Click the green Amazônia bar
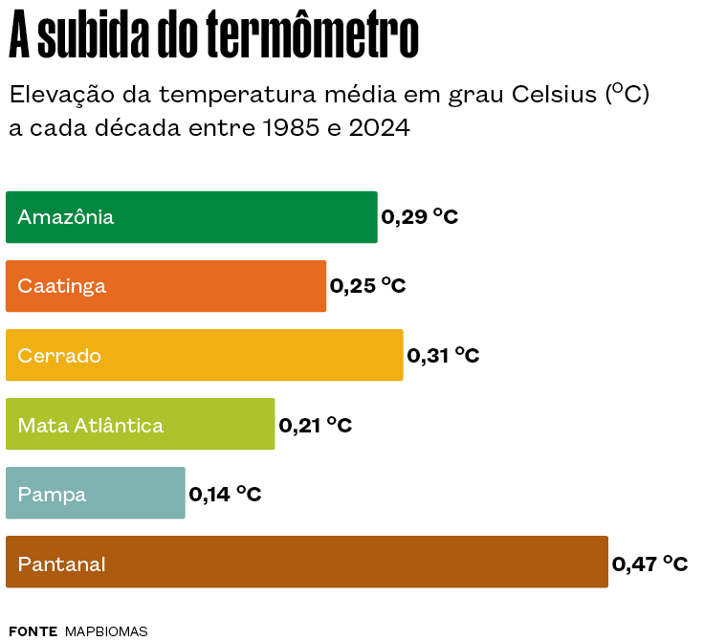[191, 217]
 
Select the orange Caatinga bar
[165, 286]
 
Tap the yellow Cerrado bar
[204, 356]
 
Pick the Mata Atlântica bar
[140, 425]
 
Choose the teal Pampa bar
[95, 494]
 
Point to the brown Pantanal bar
[306, 563]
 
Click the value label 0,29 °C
[420, 217]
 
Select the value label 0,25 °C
[368, 286]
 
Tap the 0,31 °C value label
[443, 356]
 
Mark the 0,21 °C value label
[315, 425]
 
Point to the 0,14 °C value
[225, 494]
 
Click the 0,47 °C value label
[650, 564]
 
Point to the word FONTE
[33, 631]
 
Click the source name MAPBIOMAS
[106, 631]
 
